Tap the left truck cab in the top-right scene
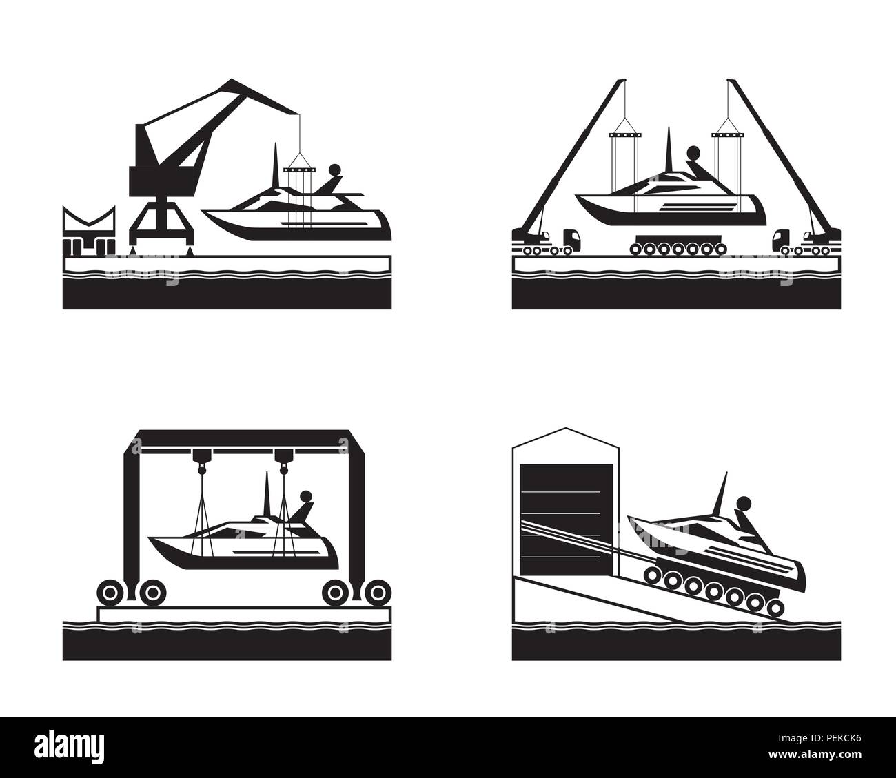[571, 239]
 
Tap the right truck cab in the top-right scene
[782, 239]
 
